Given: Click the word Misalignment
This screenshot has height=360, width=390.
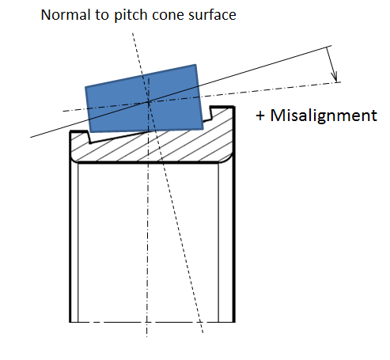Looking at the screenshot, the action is pyautogui.click(x=324, y=116).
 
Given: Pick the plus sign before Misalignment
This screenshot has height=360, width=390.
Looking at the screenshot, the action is pyautogui.click(x=260, y=116).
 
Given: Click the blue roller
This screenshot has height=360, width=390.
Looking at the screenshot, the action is pyautogui.click(x=144, y=98).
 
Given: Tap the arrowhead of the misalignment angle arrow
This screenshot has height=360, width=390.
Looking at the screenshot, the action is pyautogui.click(x=335, y=78).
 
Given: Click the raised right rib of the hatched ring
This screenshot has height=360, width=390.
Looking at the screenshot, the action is pyautogui.click(x=222, y=112).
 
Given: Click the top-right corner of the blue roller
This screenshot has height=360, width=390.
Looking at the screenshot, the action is pyautogui.click(x=196, y=64).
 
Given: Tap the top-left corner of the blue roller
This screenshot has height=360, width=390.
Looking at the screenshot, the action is pyautogui.click(x=85, y=87).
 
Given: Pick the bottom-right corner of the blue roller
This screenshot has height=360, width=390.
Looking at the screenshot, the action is pyautogui.click(x=203, y=129).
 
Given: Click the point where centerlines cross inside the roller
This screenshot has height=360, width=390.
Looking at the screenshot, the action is pyautogui.click(x=149, y=102).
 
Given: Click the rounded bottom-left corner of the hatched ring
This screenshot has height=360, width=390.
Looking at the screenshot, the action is pyautogui.click(x=74, y=159).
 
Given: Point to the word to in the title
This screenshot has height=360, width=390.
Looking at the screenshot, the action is pyautogui.click(x=102, y=15).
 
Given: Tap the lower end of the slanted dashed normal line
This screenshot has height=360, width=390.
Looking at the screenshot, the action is pyautogui.click(x=203, y=332).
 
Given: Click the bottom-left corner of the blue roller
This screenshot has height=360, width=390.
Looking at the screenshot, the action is pyautogui.click(x=90, y=132).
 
